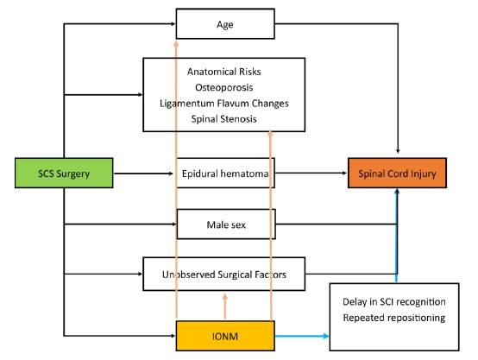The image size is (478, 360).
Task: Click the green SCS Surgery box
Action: pos(64,173)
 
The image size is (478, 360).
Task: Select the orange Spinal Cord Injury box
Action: pos(397,173)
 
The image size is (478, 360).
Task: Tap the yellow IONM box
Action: pos(225,336)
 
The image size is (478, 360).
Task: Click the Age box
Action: pos(225,24)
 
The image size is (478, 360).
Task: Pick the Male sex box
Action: pos(226,224)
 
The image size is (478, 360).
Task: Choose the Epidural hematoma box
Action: pos(225,173)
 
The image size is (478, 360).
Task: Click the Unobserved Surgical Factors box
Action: pos(224,274)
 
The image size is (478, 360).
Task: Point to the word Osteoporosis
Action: pos(224,87)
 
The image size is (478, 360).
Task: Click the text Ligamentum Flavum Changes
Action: pos(224,104)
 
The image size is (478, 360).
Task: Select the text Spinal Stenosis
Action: pos(224,119)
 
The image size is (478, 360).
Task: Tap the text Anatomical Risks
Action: pos(224,72)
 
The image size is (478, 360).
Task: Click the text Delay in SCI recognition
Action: pos(394,302)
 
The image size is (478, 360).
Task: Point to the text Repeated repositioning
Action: pos(394,318)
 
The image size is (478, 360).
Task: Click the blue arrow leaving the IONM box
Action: pos(302,336)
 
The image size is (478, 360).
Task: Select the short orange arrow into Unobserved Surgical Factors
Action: pos(225,306)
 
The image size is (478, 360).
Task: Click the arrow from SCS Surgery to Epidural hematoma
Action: pos(143,174)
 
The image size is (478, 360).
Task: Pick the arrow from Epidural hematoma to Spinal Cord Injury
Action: pos(311,173)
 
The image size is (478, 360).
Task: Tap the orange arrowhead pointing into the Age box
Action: pos(176,43)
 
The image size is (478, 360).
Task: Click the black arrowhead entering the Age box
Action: pos(173,23)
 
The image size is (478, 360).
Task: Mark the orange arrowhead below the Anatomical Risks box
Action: pos(270,134)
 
